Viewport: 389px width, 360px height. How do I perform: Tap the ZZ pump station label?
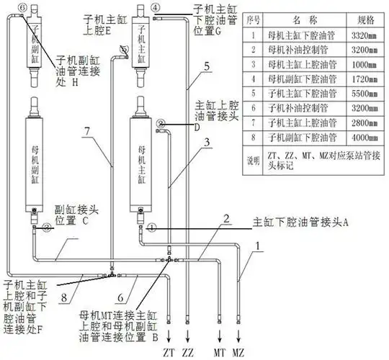pyautogui.click(x=189, y=352)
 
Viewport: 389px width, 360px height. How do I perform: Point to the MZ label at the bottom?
pyautogui.click(x=243, y=352)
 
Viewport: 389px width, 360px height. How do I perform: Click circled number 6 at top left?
pyautogui.click(x=22, y=6)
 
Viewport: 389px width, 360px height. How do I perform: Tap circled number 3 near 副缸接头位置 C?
pyautogui.click(x=45, y=228)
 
